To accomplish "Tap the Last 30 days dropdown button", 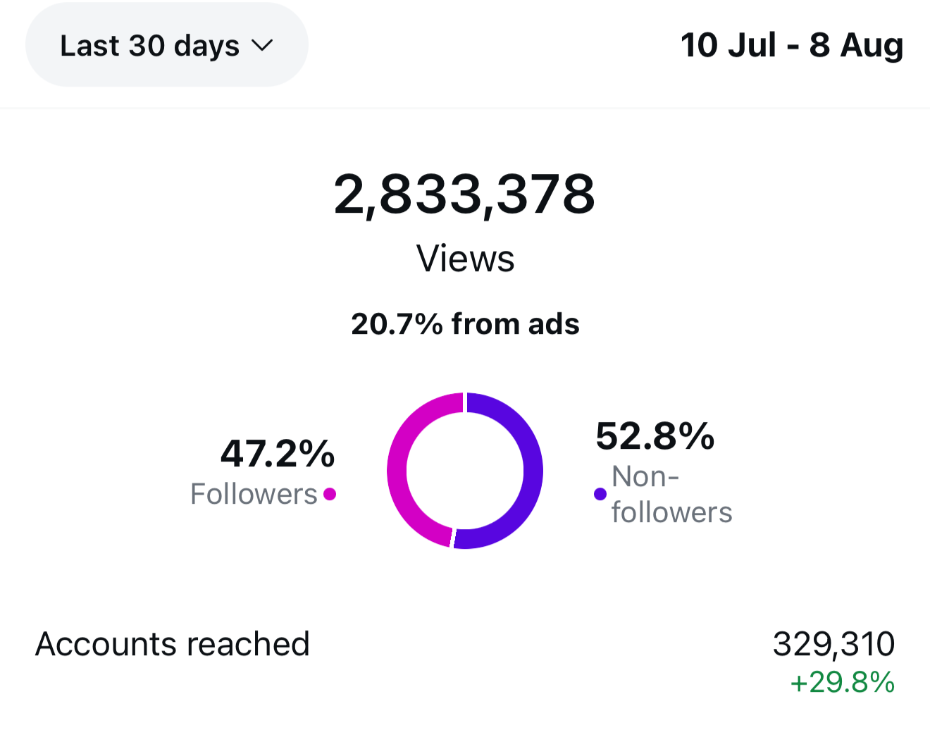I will [x=166, y=45].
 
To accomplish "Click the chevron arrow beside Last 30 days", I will [x=262, y=46].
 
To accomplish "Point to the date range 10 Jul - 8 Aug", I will [x=791, y=45].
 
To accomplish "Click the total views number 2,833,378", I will [x=464, y=194].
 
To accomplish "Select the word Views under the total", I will [x=465, y=259].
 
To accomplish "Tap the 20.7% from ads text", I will [x=465, y=324].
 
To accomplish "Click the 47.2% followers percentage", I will [x=278, y=453].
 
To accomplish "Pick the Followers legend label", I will [x=254, y=494].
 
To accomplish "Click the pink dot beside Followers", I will [x=330, y=494].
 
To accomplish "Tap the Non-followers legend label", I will [x=671, y=495].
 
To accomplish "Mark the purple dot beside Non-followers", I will [x=600, y=494].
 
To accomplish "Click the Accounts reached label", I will [x=173, y=644].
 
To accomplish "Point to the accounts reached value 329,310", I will [x=833, y=644].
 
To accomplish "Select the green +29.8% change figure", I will [x=842, y=682].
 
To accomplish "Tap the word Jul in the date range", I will [x=753, y=45].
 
